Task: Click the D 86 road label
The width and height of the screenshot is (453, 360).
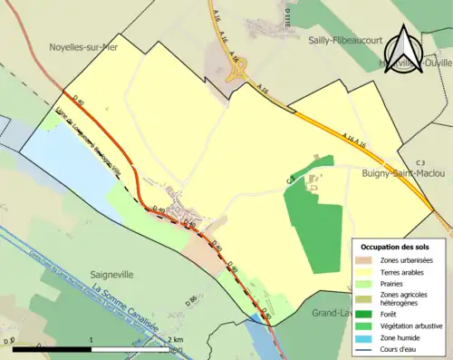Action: point(191,299)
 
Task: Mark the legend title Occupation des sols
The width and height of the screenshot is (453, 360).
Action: point(395,247)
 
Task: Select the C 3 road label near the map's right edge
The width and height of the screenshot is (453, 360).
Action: point(419,162)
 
